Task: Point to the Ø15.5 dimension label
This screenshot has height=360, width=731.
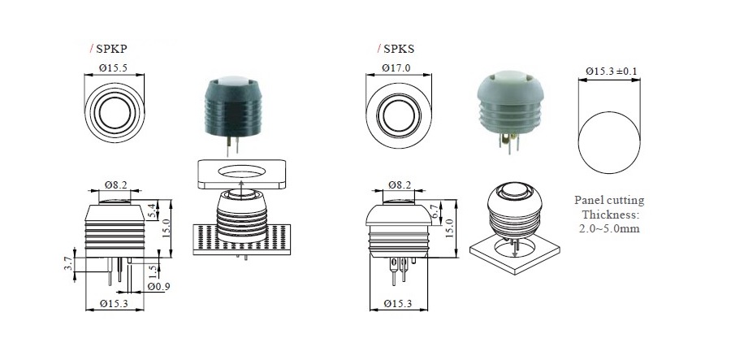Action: click(113, 68)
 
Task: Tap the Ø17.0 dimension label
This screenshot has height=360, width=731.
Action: click(396, 68)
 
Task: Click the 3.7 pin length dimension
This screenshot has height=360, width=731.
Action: click(68, 264)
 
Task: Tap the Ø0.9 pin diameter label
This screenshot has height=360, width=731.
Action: click(158, 287)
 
